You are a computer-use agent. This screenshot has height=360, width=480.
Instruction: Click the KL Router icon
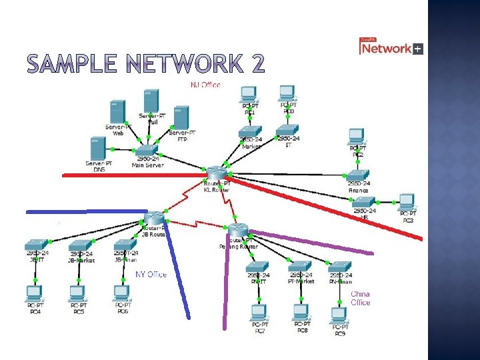tap(217, 173)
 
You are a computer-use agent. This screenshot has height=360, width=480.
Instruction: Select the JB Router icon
tap(155, 217)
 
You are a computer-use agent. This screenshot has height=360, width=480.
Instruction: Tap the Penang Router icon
tap(237, 230)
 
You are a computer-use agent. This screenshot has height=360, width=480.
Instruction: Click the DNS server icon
tap(97, 148)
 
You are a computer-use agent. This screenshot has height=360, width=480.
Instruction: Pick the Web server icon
tap(117, 111)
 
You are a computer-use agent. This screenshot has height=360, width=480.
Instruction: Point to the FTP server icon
tap(181, 118)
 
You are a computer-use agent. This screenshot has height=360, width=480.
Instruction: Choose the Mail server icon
tap(150, 101)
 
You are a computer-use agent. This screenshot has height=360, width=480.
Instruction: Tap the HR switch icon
tap(363, 201)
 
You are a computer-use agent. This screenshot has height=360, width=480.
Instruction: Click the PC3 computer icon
tap(407, 202)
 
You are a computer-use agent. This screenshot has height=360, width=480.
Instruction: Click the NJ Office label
tap(205, 85)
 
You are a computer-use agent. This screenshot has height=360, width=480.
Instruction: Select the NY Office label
tap(151, 274)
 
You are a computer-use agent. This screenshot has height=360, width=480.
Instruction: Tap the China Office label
tap(360, 298)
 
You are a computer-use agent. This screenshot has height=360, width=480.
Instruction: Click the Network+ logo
tap(391, 47)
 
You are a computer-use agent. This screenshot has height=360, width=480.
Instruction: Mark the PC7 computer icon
tap(259, 312)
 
